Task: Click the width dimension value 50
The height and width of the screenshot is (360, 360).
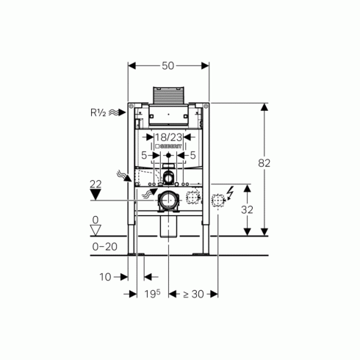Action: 168,65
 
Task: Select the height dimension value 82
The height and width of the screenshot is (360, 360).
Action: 264,163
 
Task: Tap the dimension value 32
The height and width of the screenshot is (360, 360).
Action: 247,209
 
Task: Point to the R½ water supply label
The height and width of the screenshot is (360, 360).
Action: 98,112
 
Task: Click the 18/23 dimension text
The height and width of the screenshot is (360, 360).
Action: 169,137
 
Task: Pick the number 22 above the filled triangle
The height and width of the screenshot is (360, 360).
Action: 96,184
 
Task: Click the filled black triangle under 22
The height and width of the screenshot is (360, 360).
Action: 96,195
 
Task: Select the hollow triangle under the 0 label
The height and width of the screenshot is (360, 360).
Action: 96,231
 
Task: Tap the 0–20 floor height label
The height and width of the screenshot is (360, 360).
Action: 105,247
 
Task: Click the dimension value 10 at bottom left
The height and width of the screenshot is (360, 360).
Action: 105,277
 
